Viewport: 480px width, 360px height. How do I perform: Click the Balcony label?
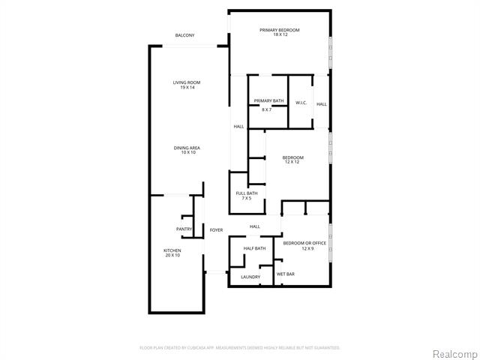[x=184, y=35]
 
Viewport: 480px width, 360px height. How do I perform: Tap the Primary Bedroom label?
[x=280, y=30]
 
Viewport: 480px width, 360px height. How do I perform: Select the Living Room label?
[x=187, y=82]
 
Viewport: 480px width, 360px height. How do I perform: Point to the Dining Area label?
[x=187, y=148]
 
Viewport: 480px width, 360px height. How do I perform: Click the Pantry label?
[x=184, y=229]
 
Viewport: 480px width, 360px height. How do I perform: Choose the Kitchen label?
[x=172, y=250]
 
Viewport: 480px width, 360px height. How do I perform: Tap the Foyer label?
[x=216, y=229]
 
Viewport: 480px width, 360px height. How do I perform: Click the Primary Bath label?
[x=268, y=100]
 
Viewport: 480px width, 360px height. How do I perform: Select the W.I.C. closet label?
[x=301, y=103]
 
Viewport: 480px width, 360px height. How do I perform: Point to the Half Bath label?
[x=254, y=248]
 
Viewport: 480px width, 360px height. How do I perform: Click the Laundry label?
[x=250, y=277]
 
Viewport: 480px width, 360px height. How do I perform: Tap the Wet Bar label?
[x=285, y=274]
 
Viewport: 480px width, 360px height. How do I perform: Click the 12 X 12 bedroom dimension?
[x=292, y=162]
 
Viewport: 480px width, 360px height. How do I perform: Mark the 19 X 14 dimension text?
[x=187, y=88]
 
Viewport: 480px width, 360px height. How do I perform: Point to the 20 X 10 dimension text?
[x=172, y=255]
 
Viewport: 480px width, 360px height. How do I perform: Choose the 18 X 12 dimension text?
[x=280, y=34]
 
